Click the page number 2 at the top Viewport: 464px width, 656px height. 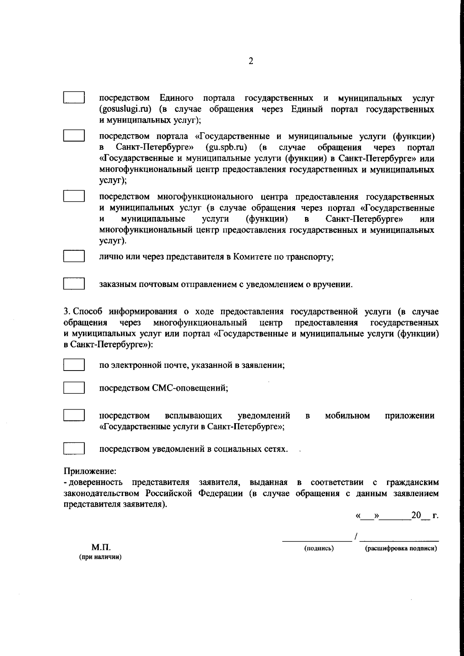click(251, 61)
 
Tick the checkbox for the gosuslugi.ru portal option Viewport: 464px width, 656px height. click(74, 97)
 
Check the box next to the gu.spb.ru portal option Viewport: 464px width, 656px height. click(74, 135)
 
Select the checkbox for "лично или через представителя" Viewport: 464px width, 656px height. click(74, 256)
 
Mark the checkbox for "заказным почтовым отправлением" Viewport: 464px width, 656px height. click(74, 284)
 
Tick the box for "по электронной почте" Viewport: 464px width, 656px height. click(74, 365)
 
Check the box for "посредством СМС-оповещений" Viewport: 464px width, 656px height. click(74, 388)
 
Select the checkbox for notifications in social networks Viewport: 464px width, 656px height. click(74, 449)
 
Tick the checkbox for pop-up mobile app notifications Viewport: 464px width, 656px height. click(74, 415)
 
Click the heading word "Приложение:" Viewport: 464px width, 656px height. click(90, 471)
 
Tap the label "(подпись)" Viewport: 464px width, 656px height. click(319, 548)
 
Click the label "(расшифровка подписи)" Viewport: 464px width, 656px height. click(401, 548)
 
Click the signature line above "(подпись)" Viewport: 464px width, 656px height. click(316, 538)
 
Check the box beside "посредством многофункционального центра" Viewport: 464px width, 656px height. click(74, 196)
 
